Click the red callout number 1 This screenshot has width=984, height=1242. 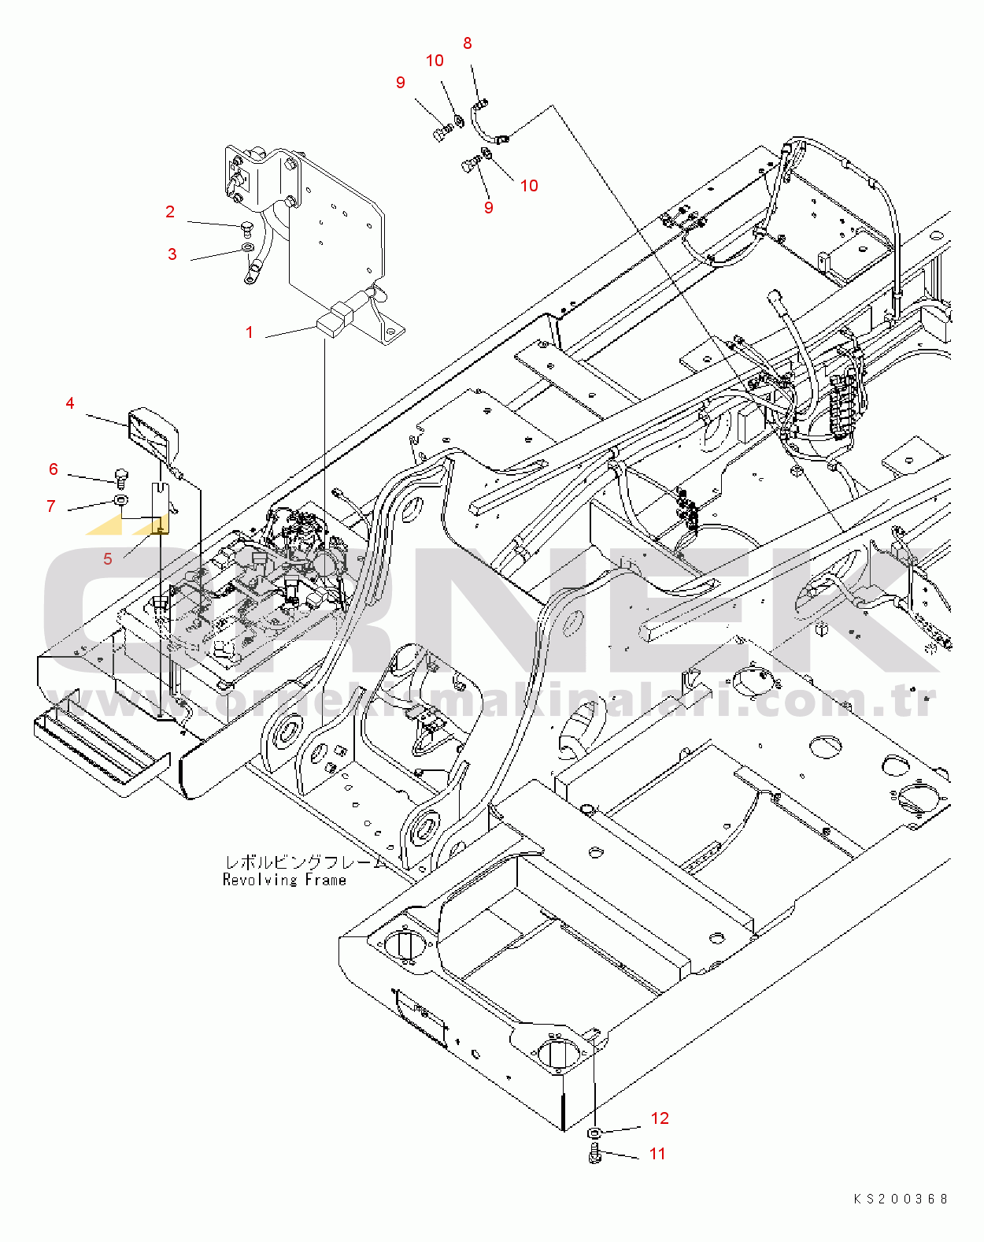250,332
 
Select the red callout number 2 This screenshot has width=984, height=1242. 170,212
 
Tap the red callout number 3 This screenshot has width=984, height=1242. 172,254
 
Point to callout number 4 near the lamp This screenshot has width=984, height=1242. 70,403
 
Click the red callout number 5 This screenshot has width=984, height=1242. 108,559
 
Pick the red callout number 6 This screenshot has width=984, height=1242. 54,469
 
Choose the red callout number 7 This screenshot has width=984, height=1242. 51,506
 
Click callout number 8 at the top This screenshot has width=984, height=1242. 468,43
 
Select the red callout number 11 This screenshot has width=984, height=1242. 657,1154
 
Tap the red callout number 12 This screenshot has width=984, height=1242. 660,1118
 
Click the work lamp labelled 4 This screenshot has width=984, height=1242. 154,434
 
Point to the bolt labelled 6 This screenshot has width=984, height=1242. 121,476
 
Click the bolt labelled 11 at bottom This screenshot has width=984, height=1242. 594,1154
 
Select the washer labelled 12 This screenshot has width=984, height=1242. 594,1133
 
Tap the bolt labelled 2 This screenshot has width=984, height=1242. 246,230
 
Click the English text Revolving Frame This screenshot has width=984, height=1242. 284,880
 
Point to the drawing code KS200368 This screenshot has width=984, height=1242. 901,1199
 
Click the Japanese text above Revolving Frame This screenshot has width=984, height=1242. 303,862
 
